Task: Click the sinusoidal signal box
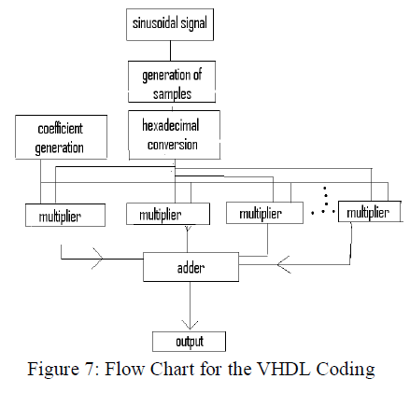coord(170,23)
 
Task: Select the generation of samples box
coord(173,82)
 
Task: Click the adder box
coord(190,268)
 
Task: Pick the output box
coord(189,340)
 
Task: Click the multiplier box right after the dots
coord(367,214)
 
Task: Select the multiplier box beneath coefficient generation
coord(60,217)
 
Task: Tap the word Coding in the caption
coord(346,369)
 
